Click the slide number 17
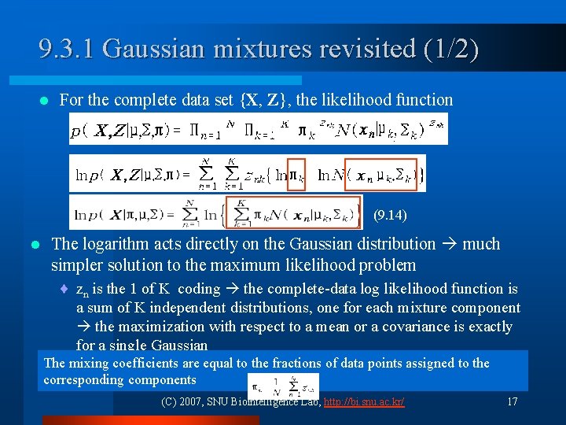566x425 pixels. click(512, 402)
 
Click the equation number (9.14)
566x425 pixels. click(390, 214)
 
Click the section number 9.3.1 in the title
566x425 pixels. click(67, 49)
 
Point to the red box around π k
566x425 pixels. click(296, 174)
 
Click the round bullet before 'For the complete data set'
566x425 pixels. click(44, 101)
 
